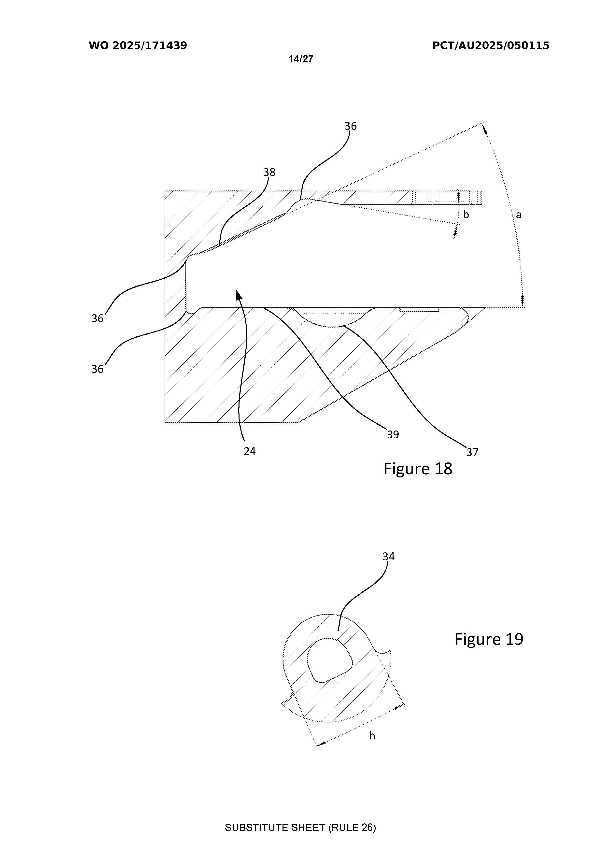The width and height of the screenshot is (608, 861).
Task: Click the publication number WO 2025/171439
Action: click(138, 46)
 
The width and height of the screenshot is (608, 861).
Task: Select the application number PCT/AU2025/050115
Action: click(491, 46)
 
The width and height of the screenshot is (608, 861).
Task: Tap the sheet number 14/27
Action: click(301, 59)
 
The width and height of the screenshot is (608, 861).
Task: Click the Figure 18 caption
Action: click(418, 469)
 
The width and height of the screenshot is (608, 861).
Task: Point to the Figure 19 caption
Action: click(489, 639)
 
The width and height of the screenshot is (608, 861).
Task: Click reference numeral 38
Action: click(269, 172)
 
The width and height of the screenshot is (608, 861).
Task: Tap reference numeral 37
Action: click(472, 452)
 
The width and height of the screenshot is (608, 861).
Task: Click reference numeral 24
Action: click(250, 451)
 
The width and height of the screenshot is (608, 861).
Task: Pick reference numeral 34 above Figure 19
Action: click(389, 557)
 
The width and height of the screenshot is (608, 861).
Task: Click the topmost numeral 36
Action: click(351, 126)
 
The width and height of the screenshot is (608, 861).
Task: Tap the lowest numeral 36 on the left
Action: click(98, 369)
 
